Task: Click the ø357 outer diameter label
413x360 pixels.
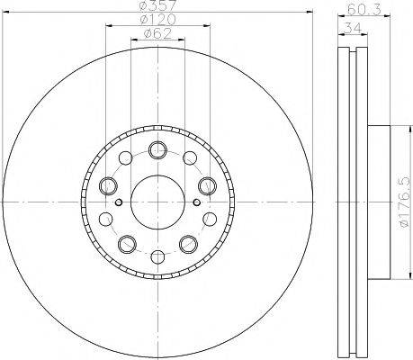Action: coord(158,7)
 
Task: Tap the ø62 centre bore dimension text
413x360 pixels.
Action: coord(158,36)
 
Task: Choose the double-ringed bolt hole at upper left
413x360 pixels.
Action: coord(109,186)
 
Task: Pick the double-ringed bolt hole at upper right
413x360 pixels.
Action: coord(206,186)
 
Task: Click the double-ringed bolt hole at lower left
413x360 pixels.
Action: coord(127,243)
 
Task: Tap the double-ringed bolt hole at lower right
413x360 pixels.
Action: coord(188,243)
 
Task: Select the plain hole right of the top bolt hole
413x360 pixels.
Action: coord(190,160)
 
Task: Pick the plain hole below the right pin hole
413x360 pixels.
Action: coord(209,219)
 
